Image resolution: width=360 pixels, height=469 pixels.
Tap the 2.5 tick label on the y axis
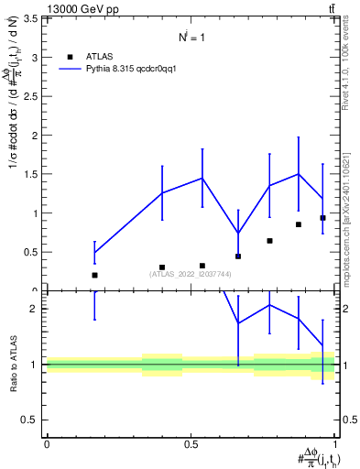click(x=30, y=96)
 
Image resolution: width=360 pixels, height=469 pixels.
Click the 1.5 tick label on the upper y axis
click(x=30, y=174)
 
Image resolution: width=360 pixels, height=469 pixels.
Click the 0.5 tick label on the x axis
click(x=190, y=444)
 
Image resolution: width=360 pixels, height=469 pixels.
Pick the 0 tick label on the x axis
click(x=47, y=444)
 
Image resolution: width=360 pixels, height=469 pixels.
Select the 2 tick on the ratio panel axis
click(x=34, y=309)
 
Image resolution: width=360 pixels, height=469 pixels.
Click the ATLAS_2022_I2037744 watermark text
click(x=191, y=274)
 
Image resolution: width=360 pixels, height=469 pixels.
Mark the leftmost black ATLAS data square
click(x=94, y=275)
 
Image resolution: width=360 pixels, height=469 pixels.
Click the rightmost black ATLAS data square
click(x=322, y=218)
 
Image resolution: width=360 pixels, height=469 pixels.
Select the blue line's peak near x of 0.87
click(x=298, y=173)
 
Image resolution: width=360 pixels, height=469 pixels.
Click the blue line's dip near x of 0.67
click(x=238, y=233)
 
